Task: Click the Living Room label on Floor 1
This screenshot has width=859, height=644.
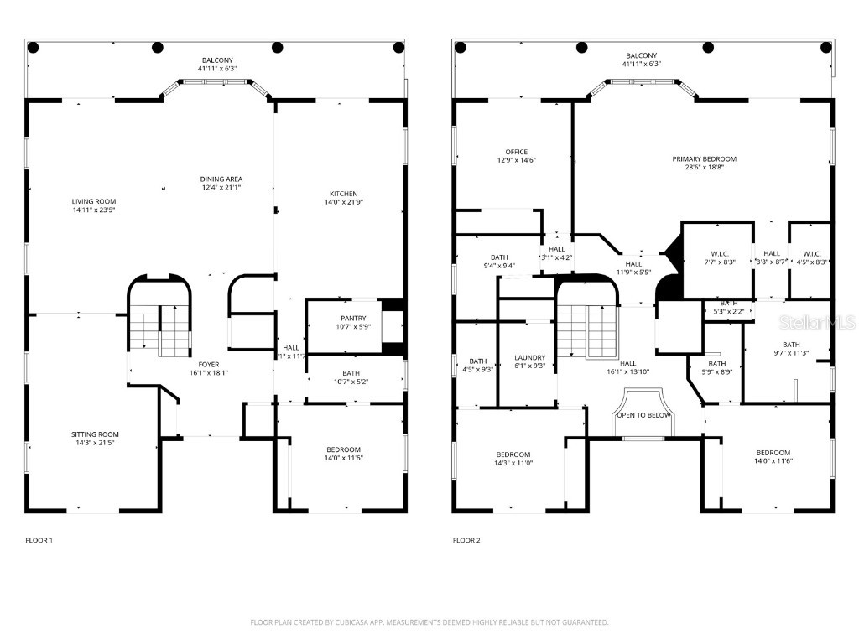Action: point(93,201)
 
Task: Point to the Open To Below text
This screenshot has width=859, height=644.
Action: point(643,415)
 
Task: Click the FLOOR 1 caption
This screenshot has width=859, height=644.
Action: point(39,541)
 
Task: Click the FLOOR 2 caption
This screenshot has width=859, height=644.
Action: point(466,541)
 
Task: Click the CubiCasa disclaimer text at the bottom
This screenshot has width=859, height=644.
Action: point(429,622)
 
